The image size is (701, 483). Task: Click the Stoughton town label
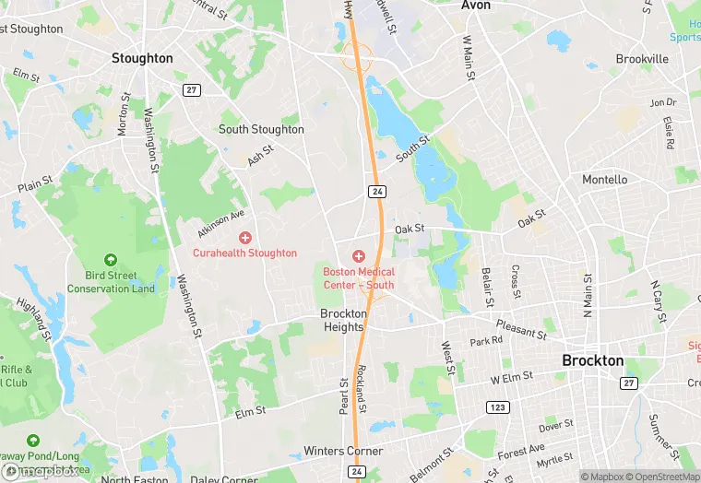tap(142, 58)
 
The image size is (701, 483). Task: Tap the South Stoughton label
tap(261, 129)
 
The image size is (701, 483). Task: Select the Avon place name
tap(476, 6)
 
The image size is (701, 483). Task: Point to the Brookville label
tap(642, 59)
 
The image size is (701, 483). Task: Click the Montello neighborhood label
tap(605, 180)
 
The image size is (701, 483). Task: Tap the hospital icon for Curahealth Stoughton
tap(244, 238)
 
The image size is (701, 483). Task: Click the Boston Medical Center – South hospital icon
tap(359, 255)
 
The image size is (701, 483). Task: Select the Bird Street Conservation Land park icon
tap(111, 262)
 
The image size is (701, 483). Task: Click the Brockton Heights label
tap(343, 320)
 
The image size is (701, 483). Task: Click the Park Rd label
tap(486, 340)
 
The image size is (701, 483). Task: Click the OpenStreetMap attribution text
tap(657, 477)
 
